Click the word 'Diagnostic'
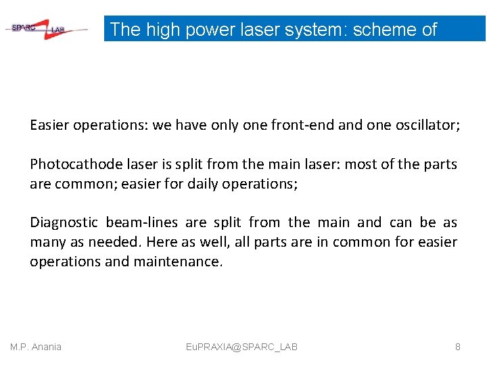pyautogui.click(x=64, y=222)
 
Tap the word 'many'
pyautogui.click(x=47, y=242)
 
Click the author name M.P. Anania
pyautogui.click(x=36, y=347)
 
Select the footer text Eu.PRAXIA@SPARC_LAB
pyautogui.click(x=241, y=347)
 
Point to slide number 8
pyautogui.click(x=458, y=347)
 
